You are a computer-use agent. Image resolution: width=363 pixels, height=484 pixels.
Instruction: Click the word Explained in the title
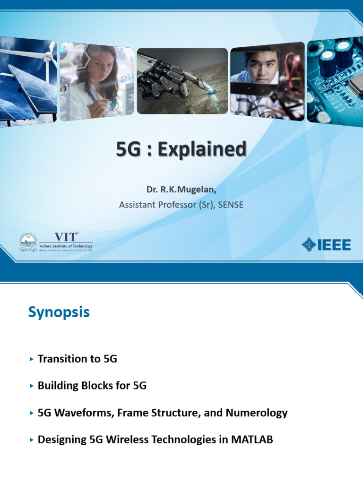click(x=202, y=150)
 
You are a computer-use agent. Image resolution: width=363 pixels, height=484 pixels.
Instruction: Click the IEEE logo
click(x=326, y=244)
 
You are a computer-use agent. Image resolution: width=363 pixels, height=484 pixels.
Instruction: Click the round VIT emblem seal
click(x=28, y=242)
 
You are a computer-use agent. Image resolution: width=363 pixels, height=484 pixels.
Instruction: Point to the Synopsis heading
click(x=59, y=312)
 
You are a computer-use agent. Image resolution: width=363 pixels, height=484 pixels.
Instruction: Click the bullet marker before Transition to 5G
click(x=31, y=359)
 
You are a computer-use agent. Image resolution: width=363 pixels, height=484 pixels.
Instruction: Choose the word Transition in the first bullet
click(x=62, y=359)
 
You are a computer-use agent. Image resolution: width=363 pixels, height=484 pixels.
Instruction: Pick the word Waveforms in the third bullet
click(x=76, y=413)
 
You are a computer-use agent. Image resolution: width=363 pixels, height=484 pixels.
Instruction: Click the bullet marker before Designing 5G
click(x=31, y=440)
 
